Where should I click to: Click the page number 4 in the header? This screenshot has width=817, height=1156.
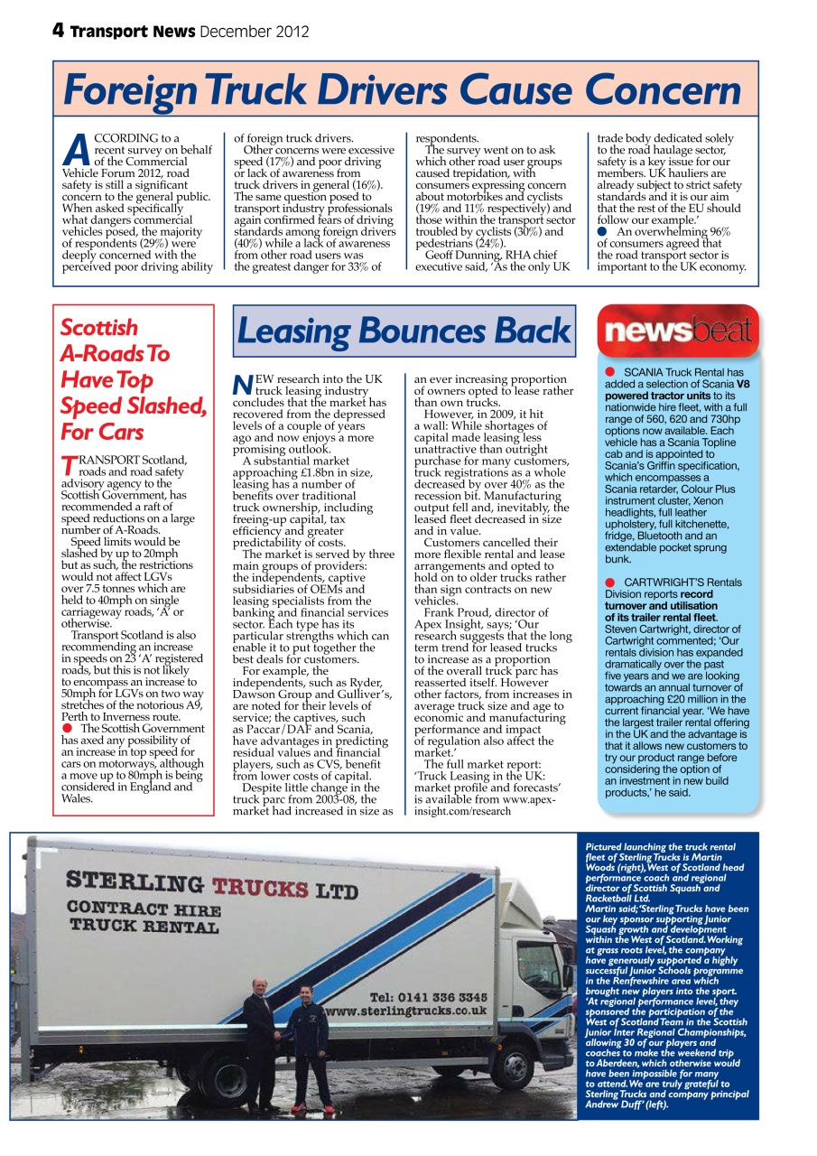click(57, 31)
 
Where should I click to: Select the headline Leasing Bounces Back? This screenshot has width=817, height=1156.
click(404, 331)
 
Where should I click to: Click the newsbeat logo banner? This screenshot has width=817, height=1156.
click(678, 331)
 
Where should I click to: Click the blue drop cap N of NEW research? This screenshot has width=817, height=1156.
click(241, 386)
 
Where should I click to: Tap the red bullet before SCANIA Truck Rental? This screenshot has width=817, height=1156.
click(610, 372)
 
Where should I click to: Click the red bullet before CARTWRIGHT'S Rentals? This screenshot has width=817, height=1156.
click(610, 583)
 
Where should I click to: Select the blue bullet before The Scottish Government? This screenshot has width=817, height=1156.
click(67, 728)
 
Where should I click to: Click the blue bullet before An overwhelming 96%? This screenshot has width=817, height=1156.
click(602, 232)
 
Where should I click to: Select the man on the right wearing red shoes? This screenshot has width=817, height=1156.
click(308, 1048)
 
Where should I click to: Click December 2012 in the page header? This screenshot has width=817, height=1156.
click(255, 32)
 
